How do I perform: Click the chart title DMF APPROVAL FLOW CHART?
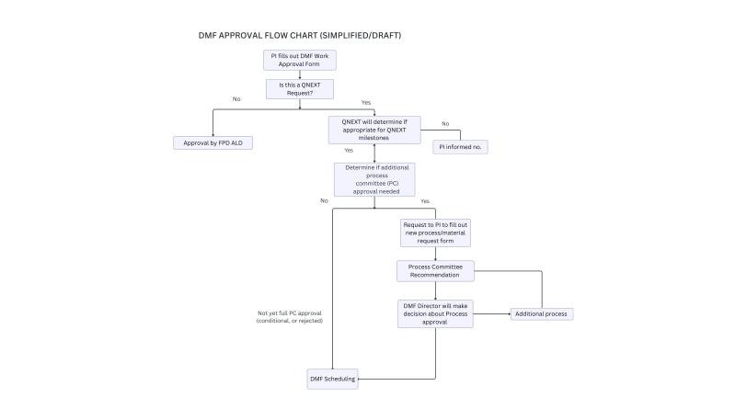268,36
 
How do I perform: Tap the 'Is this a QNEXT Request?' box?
300,88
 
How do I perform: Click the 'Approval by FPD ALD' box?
213,142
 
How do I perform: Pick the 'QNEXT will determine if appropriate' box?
373,129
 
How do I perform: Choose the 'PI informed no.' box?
460,147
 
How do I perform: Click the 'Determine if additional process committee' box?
373,179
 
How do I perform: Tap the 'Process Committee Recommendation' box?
435,271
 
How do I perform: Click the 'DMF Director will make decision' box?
435,313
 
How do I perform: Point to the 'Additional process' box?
543,313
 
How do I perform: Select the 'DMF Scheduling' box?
332,378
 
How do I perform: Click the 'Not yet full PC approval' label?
289,317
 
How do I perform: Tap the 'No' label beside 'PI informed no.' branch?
445,123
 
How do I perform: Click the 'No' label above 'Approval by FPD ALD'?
236,98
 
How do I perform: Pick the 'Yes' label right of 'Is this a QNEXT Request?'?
365,101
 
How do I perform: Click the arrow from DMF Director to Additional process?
492,313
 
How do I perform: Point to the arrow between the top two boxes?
300,74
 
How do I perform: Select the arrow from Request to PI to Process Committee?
435,254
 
